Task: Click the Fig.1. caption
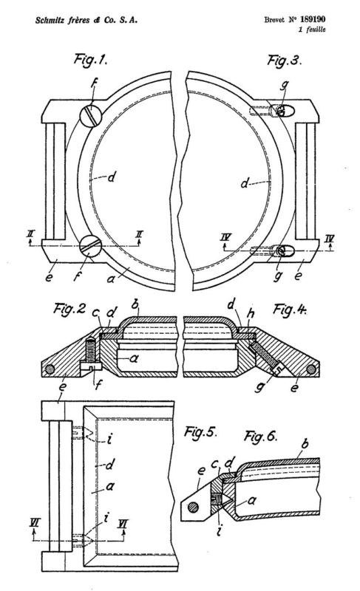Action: [x=90, y=60]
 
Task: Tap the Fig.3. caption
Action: [x=285, y=60]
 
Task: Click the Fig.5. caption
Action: [x=200, y=432]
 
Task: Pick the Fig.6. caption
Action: [x=261, y=436]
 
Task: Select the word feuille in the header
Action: [x=316, y=30]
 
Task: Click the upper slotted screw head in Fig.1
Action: [x=91, y=115]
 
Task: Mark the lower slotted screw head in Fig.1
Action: [x=91, y=245]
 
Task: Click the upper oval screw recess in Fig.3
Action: [x=285, y=111]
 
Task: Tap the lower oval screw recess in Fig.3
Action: [x=285, y=250]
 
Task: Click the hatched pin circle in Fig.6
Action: [x=194, y=507]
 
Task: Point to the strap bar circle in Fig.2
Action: [x=50, y=369]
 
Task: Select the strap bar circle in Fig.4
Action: [x=310, y=369]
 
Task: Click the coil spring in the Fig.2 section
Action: [x=90, y=349]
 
